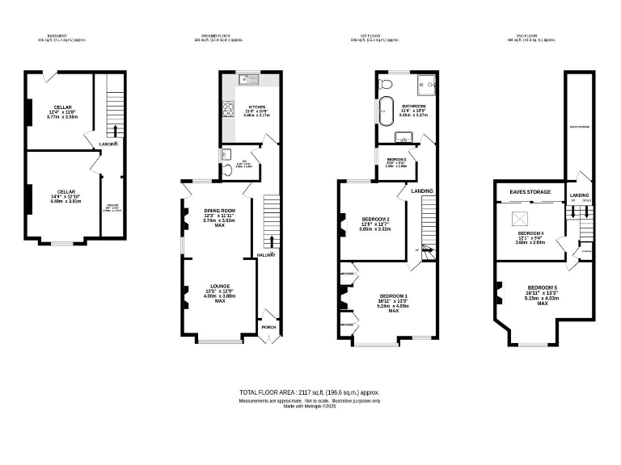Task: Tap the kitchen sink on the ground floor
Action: click(x=247, y=79)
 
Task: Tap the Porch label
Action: click(x=268, y=327)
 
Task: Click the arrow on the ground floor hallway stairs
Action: click(x=270, y=241)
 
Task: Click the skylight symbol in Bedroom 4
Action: click(x=517, y=216)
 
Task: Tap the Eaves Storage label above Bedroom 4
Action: click(x=530, y=192)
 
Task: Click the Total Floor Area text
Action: click(x=310, y=392)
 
